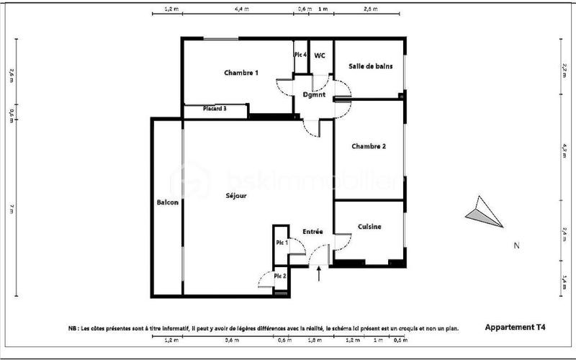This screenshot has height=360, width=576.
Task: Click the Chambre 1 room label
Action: [240, 73]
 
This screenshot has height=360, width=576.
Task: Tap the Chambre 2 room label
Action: [368, 146]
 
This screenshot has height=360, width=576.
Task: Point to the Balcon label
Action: [167, 202]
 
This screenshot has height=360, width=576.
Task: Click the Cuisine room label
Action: [369, 227]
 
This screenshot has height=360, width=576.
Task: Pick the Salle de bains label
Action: [370, 66]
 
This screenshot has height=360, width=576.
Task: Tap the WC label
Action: [320, 55]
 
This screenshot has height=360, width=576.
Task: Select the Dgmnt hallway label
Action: [314, 94]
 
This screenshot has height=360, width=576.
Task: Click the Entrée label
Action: [312, 231]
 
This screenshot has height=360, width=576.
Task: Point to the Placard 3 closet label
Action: [215, 109]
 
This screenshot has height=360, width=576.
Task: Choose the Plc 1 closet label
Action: [282, 243]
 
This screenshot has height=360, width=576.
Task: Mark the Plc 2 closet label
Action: [280, 276]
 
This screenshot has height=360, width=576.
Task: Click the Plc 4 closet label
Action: [300, 55]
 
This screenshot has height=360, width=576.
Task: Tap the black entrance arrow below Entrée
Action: [320, 272]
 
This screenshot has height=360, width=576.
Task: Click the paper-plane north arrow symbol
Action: [483, 212]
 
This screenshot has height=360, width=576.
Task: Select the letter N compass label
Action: [516, 246]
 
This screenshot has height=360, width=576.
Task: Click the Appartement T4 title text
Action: [515, 327]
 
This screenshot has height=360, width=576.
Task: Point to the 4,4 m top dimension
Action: [242, 9]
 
